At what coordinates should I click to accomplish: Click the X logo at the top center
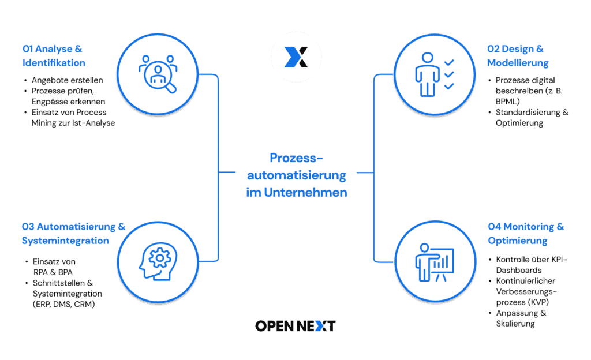pyautogui.click(x=296, y=57)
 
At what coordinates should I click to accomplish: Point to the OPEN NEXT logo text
pyautogui.click(x=295, y=326)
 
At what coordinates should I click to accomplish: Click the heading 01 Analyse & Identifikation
pyautogui.click(x=54, y=56)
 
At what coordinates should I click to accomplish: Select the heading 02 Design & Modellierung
pyautogui.click(x=517, y=56)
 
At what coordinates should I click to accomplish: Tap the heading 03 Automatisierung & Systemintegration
pyautogui.click(x=73, y=234)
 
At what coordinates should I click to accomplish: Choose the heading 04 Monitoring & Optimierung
pyautogui.click(x=526, y=234)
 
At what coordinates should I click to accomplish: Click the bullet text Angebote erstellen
pyautogui.click(x=67, y=80)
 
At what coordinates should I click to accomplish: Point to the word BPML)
pyautogui.click(x=508, y=101)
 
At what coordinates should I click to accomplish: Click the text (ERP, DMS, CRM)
pyautogui.click(x=63, y=304)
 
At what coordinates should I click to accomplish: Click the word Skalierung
pyautogui.click(x=515, y=324)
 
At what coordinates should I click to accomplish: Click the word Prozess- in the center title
pyautogui.click(x=297, y=157)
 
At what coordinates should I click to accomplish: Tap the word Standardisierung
pyautogui.click(x=526, y=112)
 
